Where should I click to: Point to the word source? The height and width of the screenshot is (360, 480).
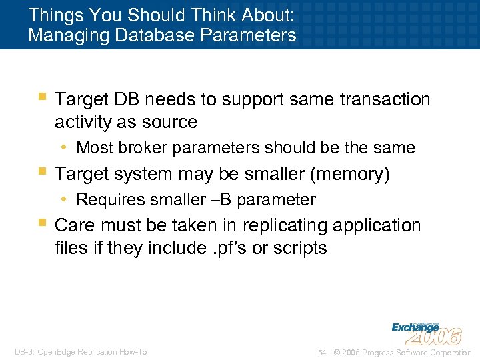coord(172,123)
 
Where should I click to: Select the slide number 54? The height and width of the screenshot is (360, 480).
coord(322,352)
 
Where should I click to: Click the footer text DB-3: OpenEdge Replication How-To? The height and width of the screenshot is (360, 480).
coord(80,352)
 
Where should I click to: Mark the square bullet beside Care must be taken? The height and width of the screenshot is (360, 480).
coord(43,222)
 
